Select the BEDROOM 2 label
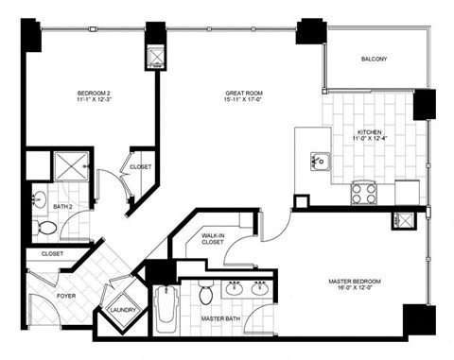(x=95, y=93)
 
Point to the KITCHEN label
(x=370, y=131)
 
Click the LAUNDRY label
(x=125, y=309)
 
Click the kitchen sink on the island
(x=319, y=162)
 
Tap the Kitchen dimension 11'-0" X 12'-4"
(x=370, y=140)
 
